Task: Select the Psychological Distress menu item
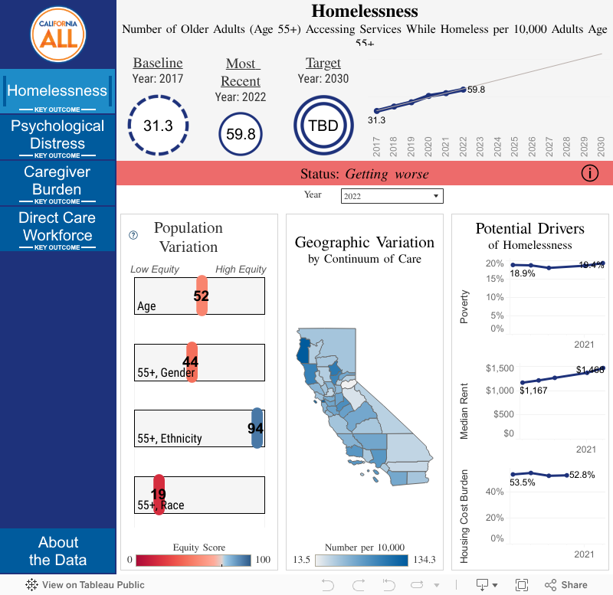click(x=57, y=136)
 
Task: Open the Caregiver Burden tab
click(x=57, y=181)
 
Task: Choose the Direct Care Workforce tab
click(x=57, y=227)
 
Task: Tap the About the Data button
click(x=57, y=551)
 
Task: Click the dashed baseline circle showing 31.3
click(x=159, y=126)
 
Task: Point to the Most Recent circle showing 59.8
click(x=241, y=134)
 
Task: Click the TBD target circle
click(x=323, y=126)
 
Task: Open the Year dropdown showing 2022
click(x=392, y=197)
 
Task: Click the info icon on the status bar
click(x=589, y=173)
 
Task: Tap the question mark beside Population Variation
click(x=133, y=236)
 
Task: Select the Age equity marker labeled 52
click(x=202, y=296)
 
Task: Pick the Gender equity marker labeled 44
click(x=192, y=362)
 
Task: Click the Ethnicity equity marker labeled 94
click(x=257, y=428)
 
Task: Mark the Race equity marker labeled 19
click(x=159, y=495)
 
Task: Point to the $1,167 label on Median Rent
click(x=534, y=391)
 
